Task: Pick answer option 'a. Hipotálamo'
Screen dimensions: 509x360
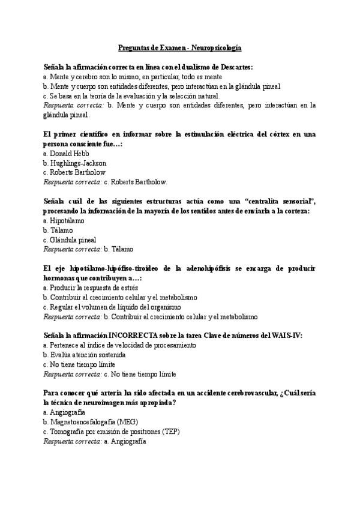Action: click(64, 221)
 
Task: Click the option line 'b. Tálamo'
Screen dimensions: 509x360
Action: click(58, 230)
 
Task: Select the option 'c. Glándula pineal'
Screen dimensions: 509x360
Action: click(70, 239)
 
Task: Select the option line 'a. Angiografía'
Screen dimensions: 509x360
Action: click(64, 413)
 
